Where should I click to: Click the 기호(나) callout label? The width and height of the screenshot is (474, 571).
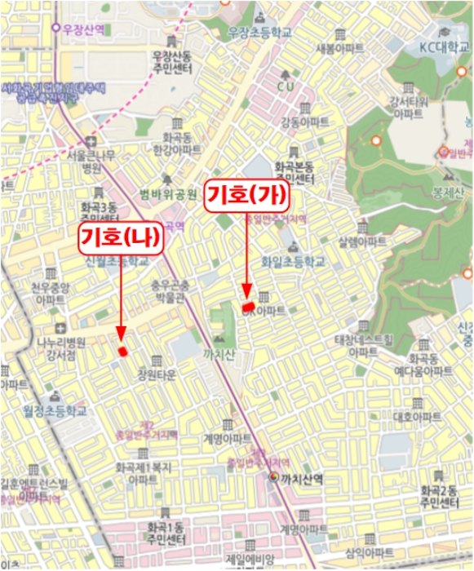(x=120, y=238)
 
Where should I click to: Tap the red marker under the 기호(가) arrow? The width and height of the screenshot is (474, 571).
(x=247, y=304)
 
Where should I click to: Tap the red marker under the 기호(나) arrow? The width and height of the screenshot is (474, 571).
(x=123, y=351)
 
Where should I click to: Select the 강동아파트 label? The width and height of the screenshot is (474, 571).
(x=304, y=122)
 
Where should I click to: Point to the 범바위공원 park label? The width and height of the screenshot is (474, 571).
(x=168, y=194)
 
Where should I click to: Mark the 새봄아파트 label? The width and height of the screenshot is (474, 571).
(x=344, y=47)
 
